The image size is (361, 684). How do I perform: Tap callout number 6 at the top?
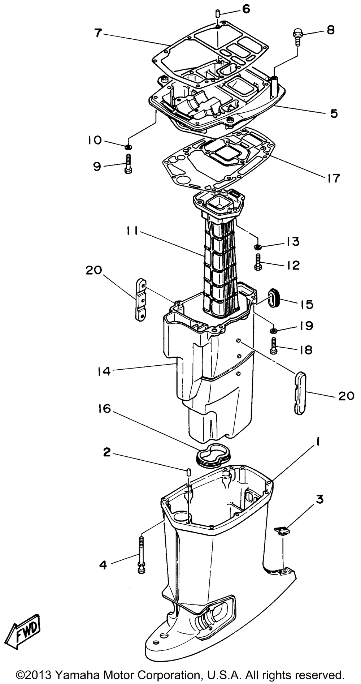[246, 9]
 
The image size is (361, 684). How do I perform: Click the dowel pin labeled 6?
[218, 14]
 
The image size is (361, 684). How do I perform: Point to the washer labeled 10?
[128, 147]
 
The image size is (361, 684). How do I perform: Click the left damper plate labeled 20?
[141, 300]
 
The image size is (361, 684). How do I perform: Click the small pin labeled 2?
[188, 472]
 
